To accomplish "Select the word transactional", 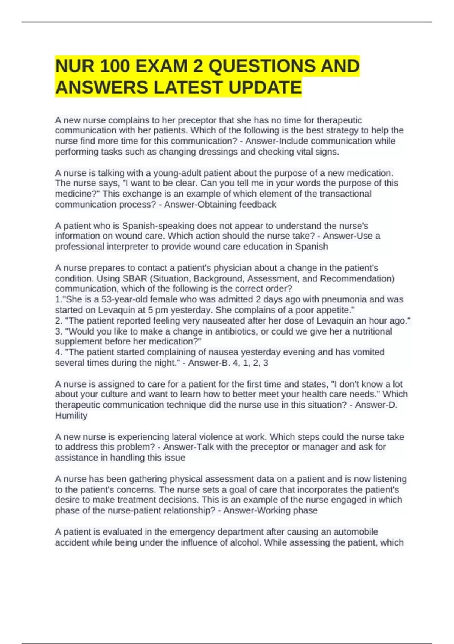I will click(x=345, y=194).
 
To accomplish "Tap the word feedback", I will click(x=259, y=205).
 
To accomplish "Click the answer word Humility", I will click(x=71, y=416).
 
